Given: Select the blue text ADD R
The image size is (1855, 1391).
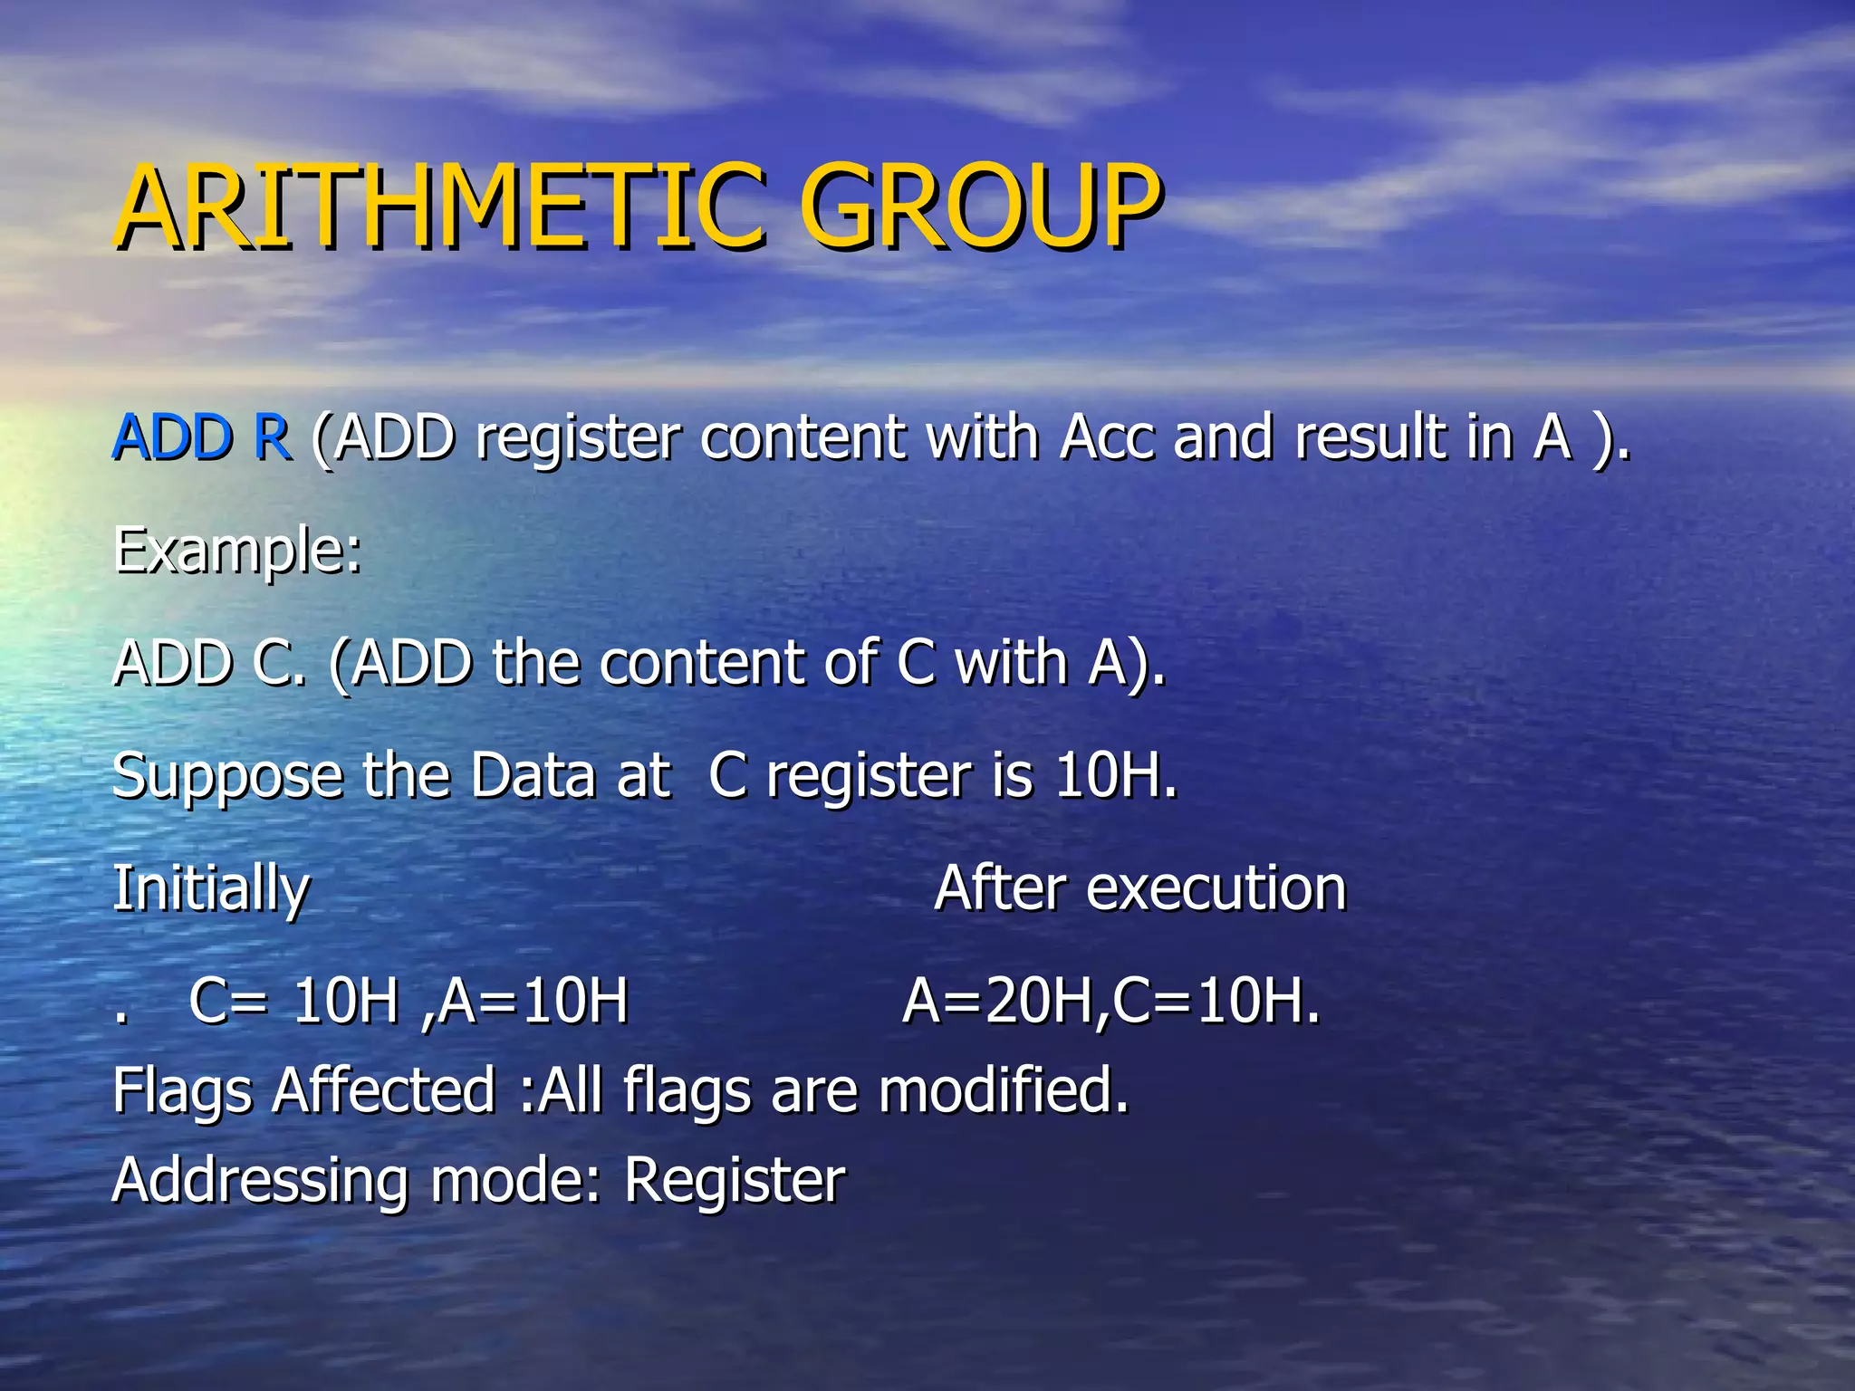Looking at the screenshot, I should click(x=201, y=437).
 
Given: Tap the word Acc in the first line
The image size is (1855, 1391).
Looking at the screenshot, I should click(x=1107, y=437).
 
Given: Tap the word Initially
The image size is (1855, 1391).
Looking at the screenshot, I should click(x=210, y=889).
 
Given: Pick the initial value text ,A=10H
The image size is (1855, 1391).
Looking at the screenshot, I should click(x=525, y=1002).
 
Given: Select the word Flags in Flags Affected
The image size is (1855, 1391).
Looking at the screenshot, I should click(x=182, y=1091).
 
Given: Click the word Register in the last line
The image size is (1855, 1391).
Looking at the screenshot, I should click(x=734, y=1182).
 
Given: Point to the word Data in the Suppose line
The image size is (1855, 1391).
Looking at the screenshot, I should click(x=533, y=776).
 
